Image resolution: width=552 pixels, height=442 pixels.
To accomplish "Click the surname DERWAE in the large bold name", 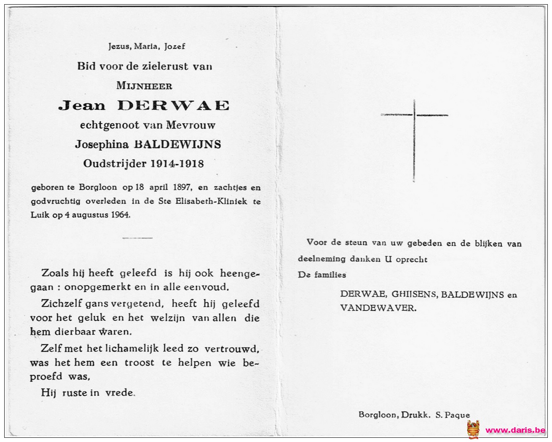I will point(173,105).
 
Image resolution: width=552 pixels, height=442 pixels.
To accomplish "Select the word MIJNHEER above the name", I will point(144,86).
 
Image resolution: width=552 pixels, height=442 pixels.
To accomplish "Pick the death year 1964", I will point(121,215).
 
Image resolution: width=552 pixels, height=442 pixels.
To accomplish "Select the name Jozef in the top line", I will point(174,46).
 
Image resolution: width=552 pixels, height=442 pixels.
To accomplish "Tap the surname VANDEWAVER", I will point(378,308).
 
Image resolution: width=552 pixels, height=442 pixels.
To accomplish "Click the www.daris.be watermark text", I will point(515,430).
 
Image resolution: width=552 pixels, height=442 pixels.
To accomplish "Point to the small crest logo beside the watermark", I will point(473,429).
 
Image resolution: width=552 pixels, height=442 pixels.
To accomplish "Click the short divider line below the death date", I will point(137,238).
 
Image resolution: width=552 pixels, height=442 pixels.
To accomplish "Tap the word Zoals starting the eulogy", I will point(55,273).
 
